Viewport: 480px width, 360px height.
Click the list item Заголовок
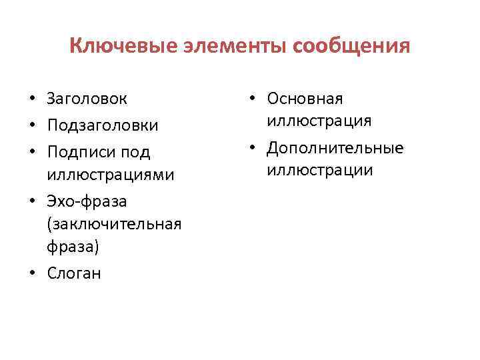[87, 99]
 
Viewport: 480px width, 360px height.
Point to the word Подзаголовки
[103, 125]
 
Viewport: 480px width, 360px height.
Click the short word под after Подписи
[135, 152]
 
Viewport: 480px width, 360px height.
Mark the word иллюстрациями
[111, 175]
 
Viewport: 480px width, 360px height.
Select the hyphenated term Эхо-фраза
[87, 201]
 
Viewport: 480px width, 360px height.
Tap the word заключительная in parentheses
[114, 224]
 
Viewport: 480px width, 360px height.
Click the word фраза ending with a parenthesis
[73, 247]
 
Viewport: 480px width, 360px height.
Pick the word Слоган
[74, 273]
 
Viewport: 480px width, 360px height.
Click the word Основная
[305, 99]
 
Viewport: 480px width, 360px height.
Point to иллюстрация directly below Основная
[319, 121]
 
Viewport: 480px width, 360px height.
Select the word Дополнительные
[335, 148]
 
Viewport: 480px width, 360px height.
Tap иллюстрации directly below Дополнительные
[319, 171]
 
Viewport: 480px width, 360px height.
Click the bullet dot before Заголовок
[32, 100]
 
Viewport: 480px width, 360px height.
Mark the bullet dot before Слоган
[32, 274]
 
